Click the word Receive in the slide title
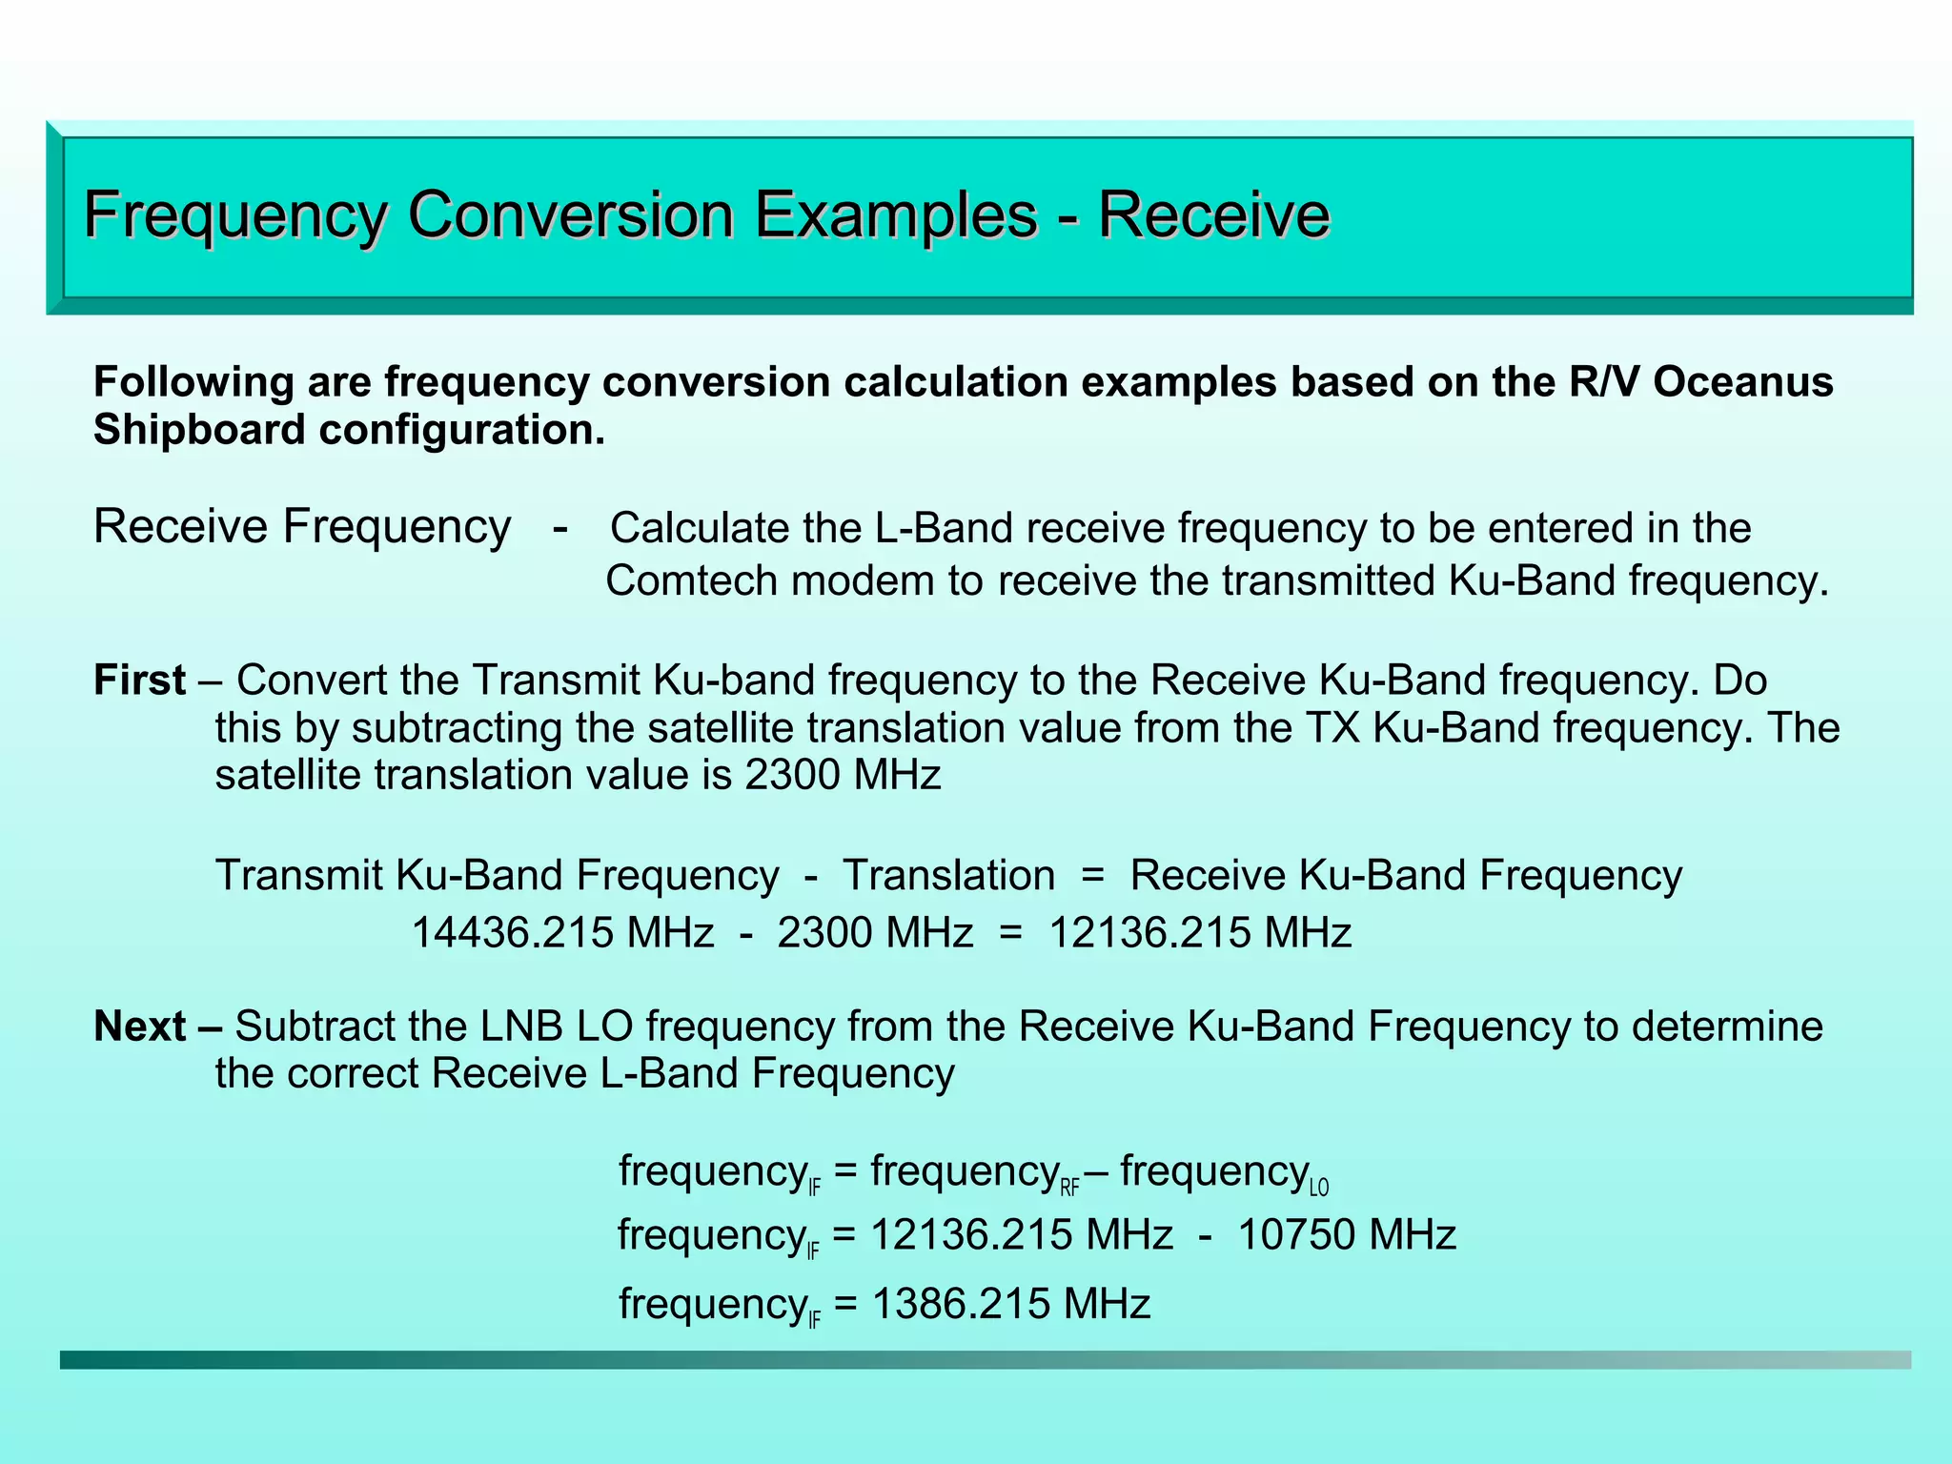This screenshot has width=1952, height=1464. coord(1213,214)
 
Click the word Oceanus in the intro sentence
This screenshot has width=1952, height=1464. coord(1743,382)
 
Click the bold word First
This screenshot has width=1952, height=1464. coord(139,681)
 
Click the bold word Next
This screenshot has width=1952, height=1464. coord(139,1027)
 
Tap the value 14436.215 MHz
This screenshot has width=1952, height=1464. coord(561,932)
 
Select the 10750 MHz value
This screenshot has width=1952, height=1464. coord(1347,1235)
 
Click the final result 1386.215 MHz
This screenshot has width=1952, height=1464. coord(1011,1303)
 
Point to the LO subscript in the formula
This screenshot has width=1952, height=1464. coord(1319,1188)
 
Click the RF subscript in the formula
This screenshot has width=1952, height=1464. coord(1069,1188)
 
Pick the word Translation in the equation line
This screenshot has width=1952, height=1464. coord(948,875)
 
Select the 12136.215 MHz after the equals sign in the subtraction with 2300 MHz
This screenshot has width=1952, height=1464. coord(1200,932)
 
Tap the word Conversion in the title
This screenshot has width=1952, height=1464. coord(571,214)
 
